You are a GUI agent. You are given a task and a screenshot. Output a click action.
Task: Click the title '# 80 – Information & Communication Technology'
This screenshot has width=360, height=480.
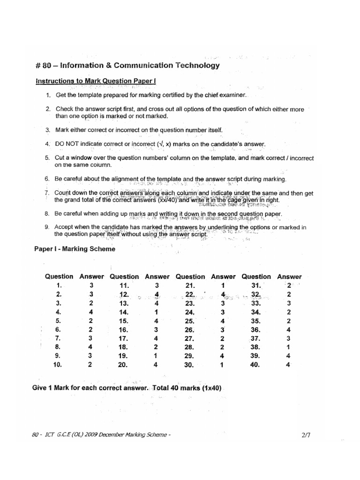(127, 66)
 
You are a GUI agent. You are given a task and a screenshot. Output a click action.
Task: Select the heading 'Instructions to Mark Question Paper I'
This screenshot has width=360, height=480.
(96, 81)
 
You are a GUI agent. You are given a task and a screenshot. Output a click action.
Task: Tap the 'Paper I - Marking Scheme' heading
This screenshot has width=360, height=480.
(75, 249)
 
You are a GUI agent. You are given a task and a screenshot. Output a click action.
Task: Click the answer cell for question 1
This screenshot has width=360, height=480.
(91, 285)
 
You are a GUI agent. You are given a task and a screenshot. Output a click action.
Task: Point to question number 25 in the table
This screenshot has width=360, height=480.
(189, 321)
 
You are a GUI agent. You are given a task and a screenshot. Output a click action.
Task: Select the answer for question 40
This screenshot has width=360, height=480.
(289, 364)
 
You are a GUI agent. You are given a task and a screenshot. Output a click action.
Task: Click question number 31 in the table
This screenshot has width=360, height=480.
(256, 285)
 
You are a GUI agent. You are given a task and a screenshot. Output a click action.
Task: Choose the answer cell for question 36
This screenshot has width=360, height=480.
(289, 330)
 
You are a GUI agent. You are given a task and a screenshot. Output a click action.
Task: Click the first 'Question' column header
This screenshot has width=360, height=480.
(59, 277)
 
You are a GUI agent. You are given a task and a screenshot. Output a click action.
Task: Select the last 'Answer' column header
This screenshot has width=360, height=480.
(289, 277)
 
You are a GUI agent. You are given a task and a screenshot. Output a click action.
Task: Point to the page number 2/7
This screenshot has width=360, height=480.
(307, 435)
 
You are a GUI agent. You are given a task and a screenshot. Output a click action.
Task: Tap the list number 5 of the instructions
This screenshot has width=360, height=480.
(47, 158)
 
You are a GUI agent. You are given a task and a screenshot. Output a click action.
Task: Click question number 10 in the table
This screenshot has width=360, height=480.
(58, 364)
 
